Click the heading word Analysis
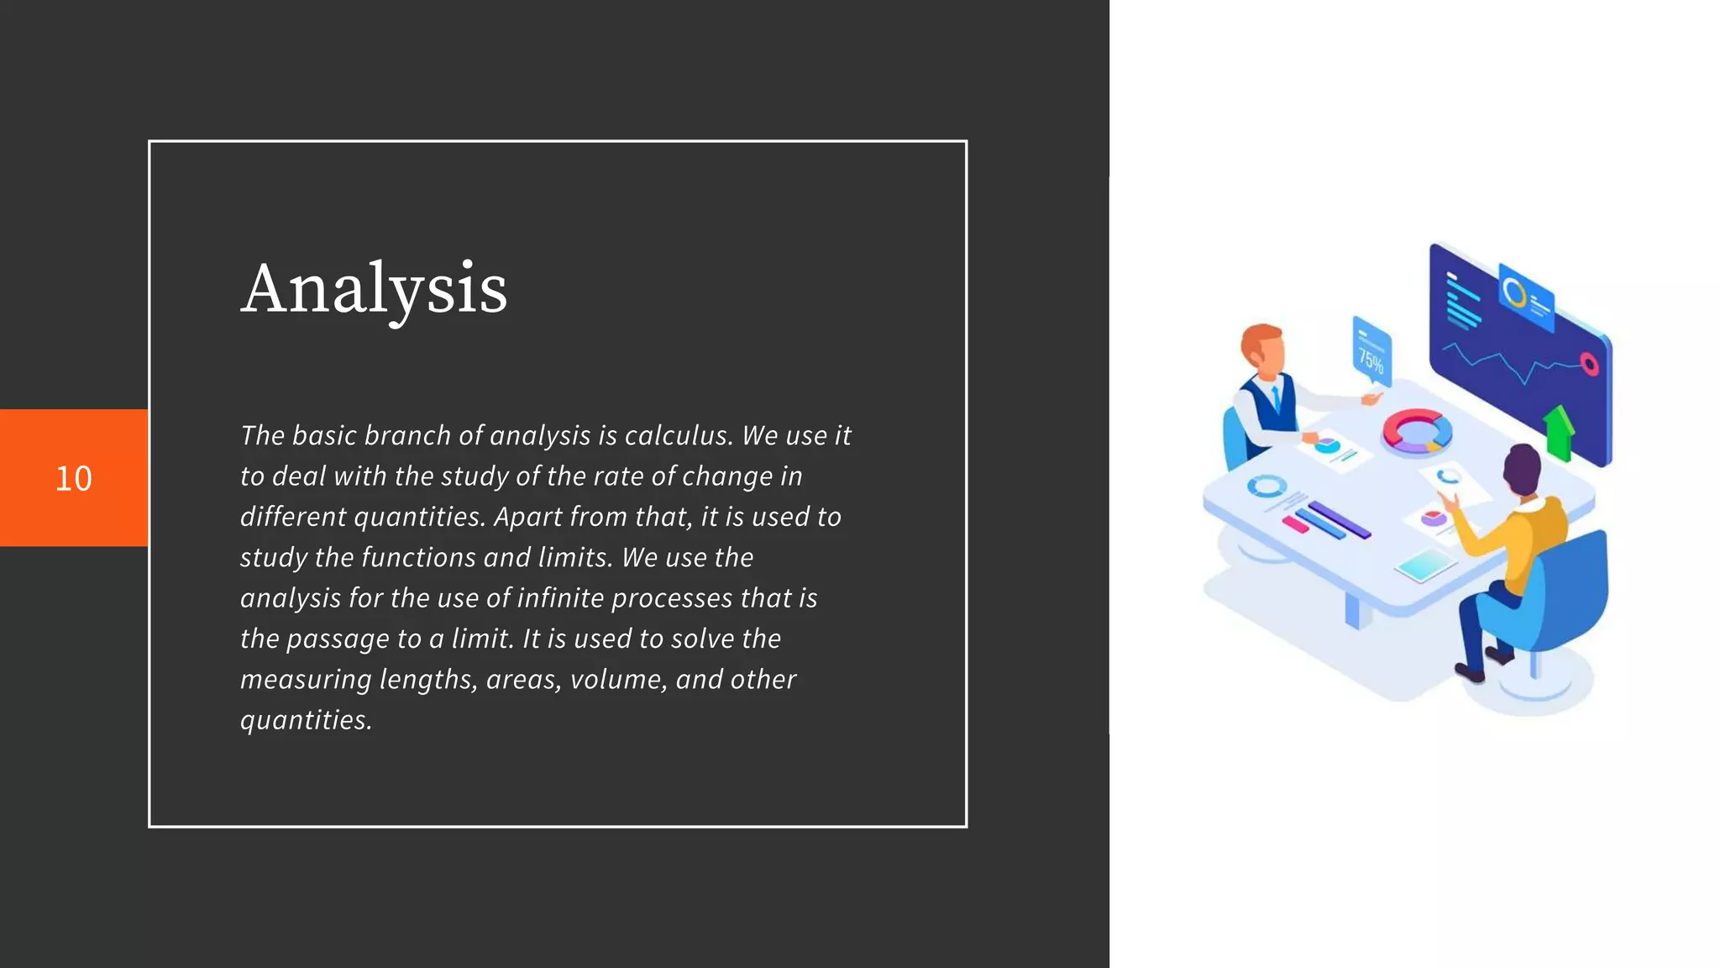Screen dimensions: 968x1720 (x=374, y=290)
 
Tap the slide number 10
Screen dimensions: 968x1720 (x=74, y=478)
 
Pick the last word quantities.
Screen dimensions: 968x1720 (x=305, y=720)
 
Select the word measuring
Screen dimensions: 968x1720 (x=306, y=679)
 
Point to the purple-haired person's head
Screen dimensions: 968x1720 (x=1522, y=470)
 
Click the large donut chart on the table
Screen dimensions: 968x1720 (x=1417, y=431)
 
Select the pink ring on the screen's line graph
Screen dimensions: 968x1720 (x=1589, y=364)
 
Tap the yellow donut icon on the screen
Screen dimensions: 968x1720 (x=1514, y=293)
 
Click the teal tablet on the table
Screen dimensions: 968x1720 (x=1425, y=565)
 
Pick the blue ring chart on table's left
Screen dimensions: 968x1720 (x=1266, y=486)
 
